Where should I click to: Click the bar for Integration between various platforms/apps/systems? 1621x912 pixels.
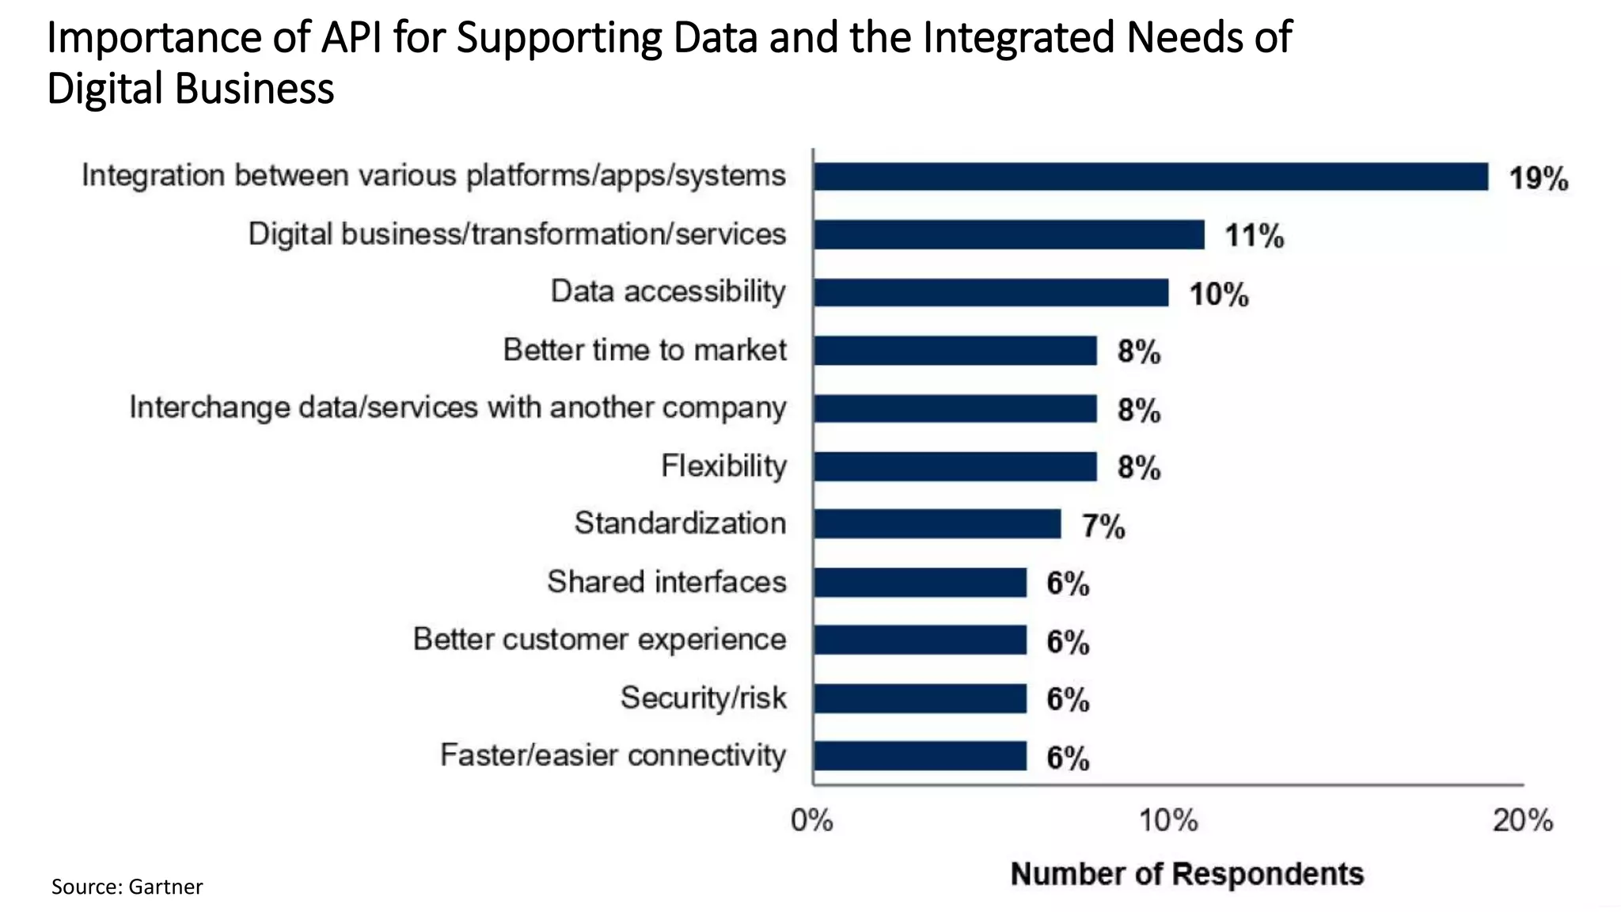click(1150, 177)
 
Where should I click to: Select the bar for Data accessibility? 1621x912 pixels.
click(990, 292)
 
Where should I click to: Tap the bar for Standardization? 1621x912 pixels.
click(936, 524)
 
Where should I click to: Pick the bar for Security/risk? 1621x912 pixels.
click(920, 698)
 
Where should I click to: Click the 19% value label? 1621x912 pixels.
click(1537, 179)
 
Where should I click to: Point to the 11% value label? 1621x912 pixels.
click(1254, 236)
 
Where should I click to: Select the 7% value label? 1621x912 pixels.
click(1103, 526)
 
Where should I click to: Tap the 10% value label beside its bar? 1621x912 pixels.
click(1218, 294)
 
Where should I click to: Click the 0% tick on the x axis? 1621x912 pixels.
click(812, 821)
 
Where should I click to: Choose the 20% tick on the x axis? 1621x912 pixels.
click(1522, 821)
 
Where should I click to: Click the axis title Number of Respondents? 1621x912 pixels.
click(1186, 874)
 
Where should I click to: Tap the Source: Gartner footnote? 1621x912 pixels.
click(127, 887)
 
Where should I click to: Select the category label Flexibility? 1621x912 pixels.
click(723, 465)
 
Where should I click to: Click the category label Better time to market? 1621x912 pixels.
click(644, 350)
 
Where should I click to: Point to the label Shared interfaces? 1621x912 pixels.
click(666, 582)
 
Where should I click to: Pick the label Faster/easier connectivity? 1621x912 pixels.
click(613, 755)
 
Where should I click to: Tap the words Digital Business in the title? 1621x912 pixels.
click(190, 89)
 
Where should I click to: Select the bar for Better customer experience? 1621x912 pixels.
click(920, 640)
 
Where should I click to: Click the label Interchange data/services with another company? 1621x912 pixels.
click(457, 408)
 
